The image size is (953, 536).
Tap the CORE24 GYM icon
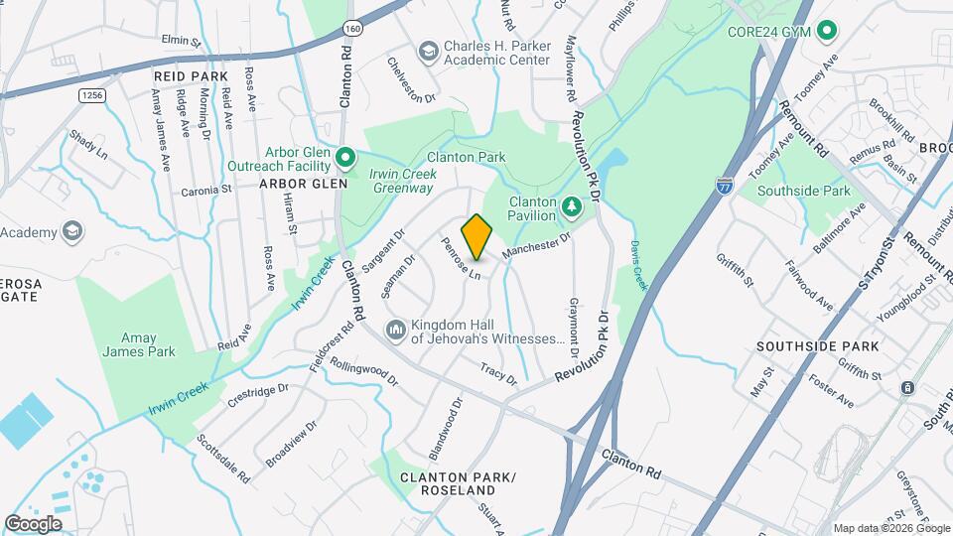pos(826,32)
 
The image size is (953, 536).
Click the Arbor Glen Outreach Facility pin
pos(345,157)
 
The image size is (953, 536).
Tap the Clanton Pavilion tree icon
pos(571,206)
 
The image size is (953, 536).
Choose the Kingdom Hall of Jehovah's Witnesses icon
pos(396,328)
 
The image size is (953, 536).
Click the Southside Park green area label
pos(804,191)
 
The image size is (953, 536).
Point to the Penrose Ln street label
pos(461,258)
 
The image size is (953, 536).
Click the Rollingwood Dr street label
pos(363,372)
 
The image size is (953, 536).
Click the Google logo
pos(33,523)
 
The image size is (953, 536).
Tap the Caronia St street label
pos(205,189)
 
